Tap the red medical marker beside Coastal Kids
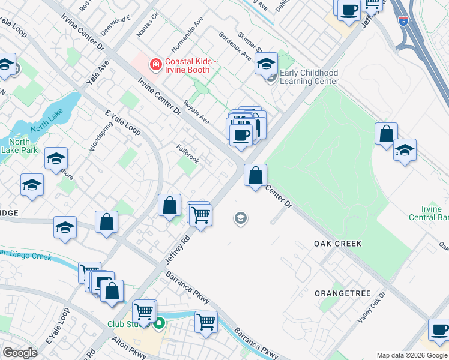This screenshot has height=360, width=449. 155,63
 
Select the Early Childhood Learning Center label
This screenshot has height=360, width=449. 309,77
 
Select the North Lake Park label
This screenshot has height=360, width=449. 20,146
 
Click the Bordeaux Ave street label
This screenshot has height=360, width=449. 235,46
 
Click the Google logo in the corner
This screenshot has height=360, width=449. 20,353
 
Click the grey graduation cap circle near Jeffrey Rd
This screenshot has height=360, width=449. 241,218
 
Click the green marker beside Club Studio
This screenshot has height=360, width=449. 159,325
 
